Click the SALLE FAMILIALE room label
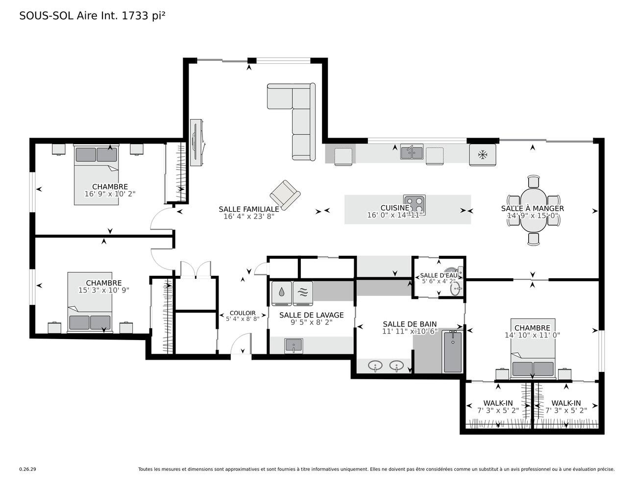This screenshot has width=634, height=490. coord(249,209)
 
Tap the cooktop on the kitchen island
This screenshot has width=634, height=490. coord(415,204)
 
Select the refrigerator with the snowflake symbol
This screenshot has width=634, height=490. coord(483,154)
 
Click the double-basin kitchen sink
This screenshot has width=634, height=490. coord(412,152)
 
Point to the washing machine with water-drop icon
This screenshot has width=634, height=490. coord(282,293)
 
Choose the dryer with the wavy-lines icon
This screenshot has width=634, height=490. coord(303,293)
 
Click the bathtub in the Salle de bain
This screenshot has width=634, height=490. coord(452,351)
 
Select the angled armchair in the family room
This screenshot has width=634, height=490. coord(285,195)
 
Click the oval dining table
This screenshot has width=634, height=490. coord(534,210)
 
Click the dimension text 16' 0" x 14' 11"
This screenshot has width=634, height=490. coord(394,215)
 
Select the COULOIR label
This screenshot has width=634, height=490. coord(243,313)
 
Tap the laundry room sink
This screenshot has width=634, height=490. coord(294,346)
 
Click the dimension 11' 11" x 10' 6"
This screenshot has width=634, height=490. coord(410,331)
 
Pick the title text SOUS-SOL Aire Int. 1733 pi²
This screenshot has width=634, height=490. coord(92,16)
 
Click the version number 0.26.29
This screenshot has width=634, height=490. coord(28,469)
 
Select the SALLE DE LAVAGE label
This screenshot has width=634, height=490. coord(311,315)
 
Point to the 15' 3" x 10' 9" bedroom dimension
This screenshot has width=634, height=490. coord(103,290)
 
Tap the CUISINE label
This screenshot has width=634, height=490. coord(395,208)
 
